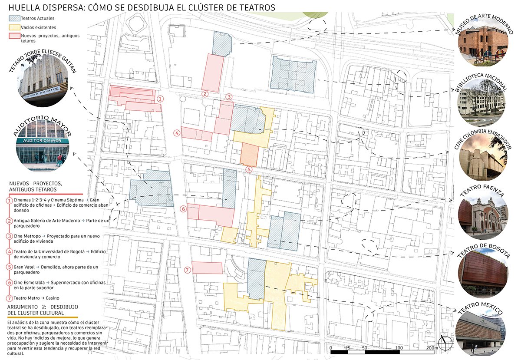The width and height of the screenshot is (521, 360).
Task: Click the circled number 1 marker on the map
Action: pos(160,99)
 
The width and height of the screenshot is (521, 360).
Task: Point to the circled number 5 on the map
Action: pos(248,170)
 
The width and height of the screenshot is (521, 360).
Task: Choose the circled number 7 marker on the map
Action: pos(187,270)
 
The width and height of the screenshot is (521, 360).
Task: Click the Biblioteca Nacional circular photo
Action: pos(482,102)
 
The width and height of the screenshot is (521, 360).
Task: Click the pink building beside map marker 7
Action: pos(207,268)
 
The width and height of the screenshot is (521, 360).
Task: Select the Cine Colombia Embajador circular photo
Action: pos(482,157)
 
